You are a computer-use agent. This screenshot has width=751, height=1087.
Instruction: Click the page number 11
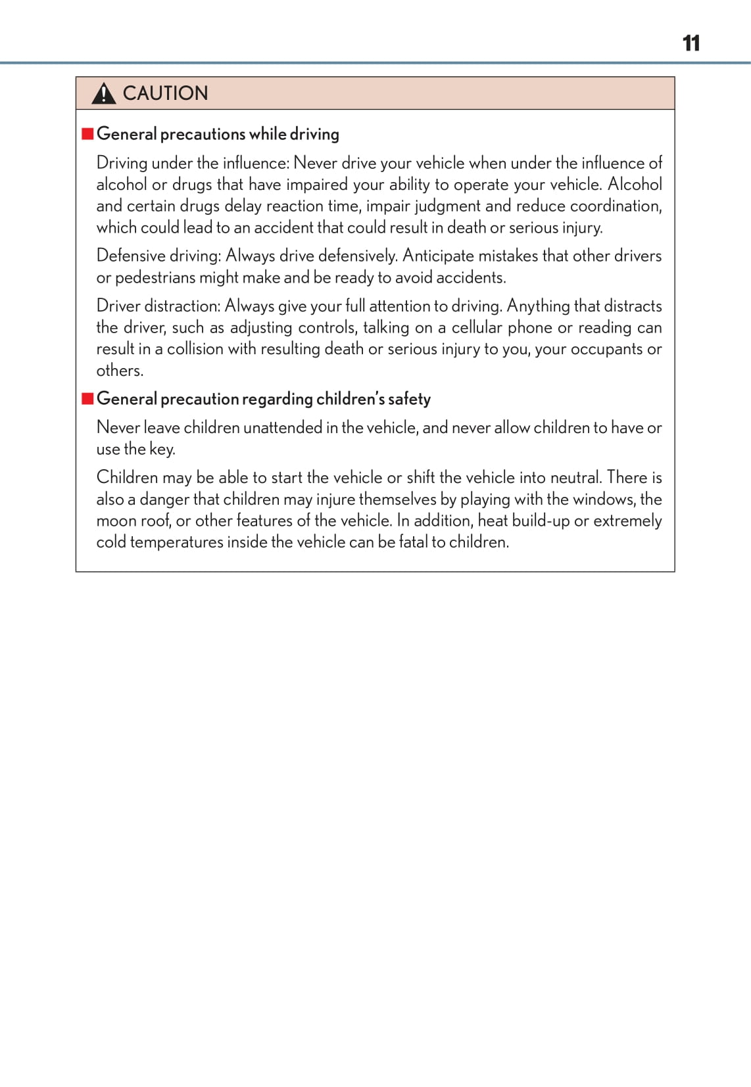point(690,43)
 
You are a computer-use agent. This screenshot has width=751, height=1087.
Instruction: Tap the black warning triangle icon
point(103,94)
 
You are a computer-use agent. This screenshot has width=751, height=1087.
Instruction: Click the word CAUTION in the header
point(165,93)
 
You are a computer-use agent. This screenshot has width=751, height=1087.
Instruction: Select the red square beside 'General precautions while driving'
point(87,134)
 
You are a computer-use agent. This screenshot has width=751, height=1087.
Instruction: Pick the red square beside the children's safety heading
point(87,399)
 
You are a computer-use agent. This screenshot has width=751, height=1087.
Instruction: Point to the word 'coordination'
point(615,206)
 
